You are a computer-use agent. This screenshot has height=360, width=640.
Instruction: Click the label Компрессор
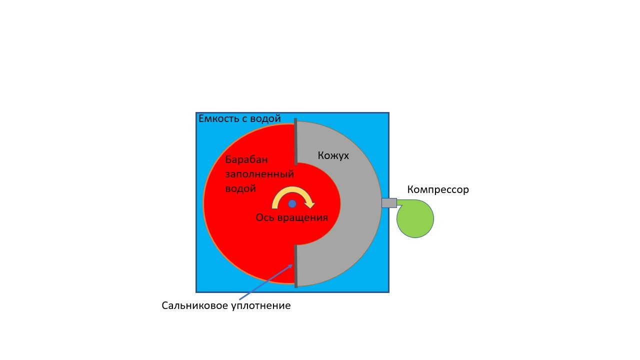[438, 190]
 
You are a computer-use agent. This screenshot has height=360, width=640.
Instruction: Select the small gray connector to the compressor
[389, 203]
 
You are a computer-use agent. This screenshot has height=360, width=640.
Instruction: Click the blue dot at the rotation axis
[292, 203]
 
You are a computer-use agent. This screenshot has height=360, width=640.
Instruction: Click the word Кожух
[333, 155]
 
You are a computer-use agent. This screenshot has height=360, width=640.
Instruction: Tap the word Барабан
[246, 159]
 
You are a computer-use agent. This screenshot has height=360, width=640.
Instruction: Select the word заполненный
[259, 174]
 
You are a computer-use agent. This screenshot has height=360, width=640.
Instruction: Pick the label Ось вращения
[291, 217]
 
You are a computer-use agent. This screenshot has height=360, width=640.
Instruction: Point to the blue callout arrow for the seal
[265, 282]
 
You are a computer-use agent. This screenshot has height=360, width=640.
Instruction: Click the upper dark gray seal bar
[295, 141]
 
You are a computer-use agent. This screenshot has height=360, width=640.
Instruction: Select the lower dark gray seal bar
[295, 266]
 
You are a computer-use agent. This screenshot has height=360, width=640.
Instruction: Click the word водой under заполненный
[240, 188]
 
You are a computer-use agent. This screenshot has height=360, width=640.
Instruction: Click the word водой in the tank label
[267, 119]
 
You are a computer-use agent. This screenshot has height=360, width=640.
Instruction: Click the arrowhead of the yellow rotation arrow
[310, 204]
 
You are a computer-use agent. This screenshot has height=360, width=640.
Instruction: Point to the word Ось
[264, 217]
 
